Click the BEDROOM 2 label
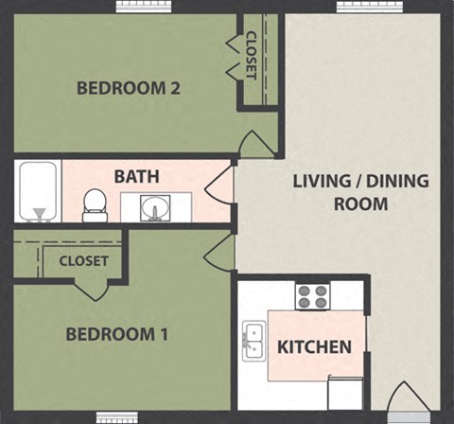tap(128, 89)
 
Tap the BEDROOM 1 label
tap(117, 334)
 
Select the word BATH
tap(136, 176)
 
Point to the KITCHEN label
tap(314, 347)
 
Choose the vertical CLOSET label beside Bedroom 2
tap(251, 56)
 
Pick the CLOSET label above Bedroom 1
tap(83, 260)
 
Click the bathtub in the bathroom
tap(38, 192)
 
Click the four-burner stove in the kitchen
tap(312, 296)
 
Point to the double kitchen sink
tap(253, 340)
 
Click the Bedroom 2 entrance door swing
tap(256, 145)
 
